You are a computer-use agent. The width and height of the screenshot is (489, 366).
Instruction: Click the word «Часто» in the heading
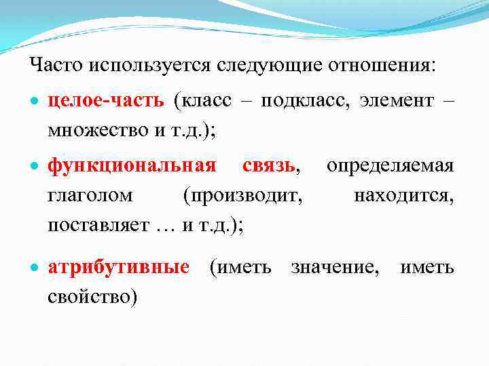pyautogui.click(x=55, y=66)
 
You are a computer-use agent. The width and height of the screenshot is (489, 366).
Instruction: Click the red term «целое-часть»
pyautogui.click(x=106, y=101)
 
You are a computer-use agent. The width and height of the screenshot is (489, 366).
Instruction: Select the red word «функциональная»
pyautogui.click(x=132, y=166)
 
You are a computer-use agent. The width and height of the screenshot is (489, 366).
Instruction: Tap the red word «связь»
pyautogui.click(x=269, y=166)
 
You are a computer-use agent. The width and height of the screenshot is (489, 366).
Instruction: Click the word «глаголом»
pyautogui.click(x=90, y=196)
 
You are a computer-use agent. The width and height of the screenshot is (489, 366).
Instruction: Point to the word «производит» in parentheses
pyautogui.click(x=242, y=196)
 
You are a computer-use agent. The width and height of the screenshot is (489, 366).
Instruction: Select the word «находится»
pyautogui.click(x=403, y=196)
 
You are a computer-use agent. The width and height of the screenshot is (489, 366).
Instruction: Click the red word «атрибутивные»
pyautogui.click(x=118, y=267)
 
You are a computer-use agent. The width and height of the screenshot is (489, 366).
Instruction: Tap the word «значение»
pyautogui.click(x=335, y=267)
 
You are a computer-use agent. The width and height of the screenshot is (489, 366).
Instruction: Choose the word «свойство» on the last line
pyautogui.click(x=92, y=297)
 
